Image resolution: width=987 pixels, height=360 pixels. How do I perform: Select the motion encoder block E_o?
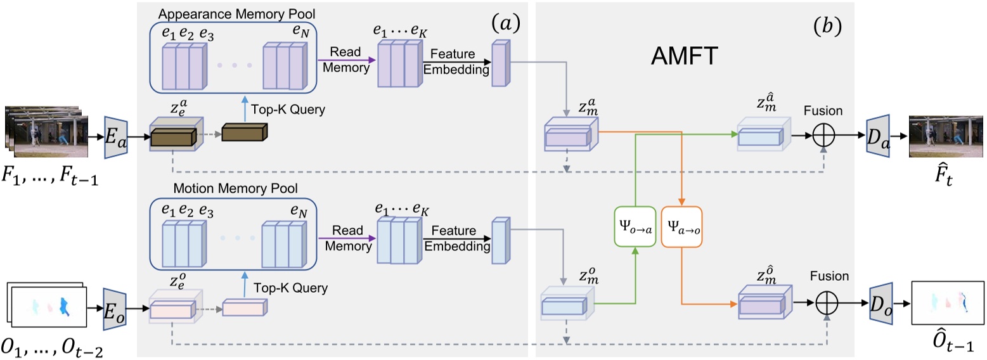[113, 309]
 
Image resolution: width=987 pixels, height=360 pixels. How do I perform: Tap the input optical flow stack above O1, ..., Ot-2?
[47, 305]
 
